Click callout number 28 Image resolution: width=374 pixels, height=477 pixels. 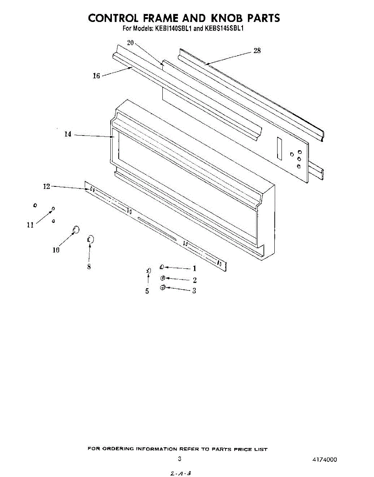[257, 51]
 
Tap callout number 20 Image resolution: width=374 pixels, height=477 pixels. [130, 43]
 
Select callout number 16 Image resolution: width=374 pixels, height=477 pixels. [96, 76]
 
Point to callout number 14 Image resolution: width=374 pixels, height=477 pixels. [68, 134]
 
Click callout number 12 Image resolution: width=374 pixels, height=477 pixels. [47, 186]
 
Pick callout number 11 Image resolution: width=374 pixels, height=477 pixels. [30, 225]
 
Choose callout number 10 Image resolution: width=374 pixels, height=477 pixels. [56, 250]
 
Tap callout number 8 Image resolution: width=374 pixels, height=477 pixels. [89, 267]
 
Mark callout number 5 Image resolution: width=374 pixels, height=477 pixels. [147, 291]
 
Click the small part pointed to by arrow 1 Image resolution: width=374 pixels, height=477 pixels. [162, 267]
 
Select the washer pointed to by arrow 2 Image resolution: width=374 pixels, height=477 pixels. [162, 278]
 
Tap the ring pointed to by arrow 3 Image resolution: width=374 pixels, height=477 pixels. [162, 288]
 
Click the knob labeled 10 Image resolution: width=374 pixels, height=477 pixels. [76, 229]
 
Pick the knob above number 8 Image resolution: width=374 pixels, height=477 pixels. [90, 239]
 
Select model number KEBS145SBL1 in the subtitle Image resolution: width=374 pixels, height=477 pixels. [226, 29]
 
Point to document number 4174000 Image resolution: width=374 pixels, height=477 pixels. [325, 460]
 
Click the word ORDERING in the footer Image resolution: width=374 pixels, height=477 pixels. [118, 449]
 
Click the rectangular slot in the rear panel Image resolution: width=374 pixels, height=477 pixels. [280, 149]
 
